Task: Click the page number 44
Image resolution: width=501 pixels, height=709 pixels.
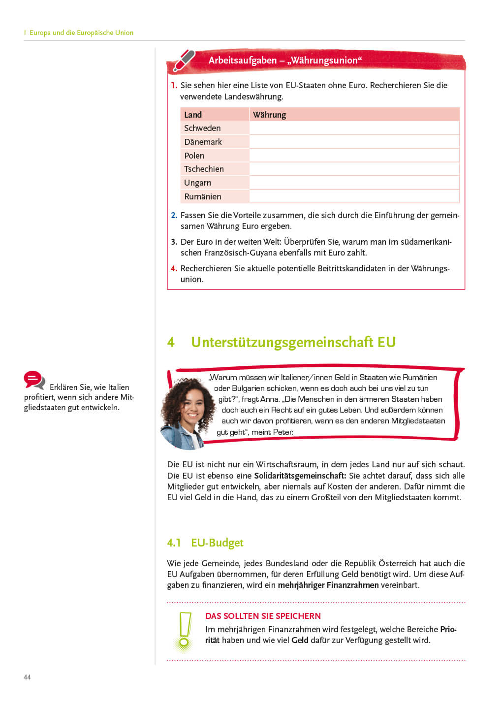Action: click(x=27, y=677)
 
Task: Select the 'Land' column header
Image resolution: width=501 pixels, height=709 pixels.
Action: click(x=193, y=115)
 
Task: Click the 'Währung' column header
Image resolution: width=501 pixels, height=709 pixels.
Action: click(x=269, y=115)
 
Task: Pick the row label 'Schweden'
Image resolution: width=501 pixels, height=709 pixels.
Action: click(x=202, y=128)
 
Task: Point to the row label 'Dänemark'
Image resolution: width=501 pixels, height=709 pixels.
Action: click(x=203, y=142)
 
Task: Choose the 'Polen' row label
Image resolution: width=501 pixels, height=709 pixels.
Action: click(x=194, y=156)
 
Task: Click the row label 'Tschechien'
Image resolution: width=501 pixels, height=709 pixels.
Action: click(x=204, y=169)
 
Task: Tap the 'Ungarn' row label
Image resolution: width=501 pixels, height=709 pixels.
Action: click(x=197, y=183)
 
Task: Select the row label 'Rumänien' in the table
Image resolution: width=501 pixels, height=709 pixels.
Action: click(x=202, y=196)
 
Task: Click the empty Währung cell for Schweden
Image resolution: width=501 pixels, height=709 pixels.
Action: click(x=354, y=128)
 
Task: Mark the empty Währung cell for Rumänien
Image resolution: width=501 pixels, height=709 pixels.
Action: click(x=354, y=196)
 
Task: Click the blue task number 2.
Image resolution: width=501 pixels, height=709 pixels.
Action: click(x=174, y=215)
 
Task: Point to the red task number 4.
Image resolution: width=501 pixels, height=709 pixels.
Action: click(x=174, y=268)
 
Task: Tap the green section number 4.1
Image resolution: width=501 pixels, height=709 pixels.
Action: click(x=174, y=543)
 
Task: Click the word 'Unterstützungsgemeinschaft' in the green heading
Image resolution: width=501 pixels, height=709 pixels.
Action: click(x=282, y=342)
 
